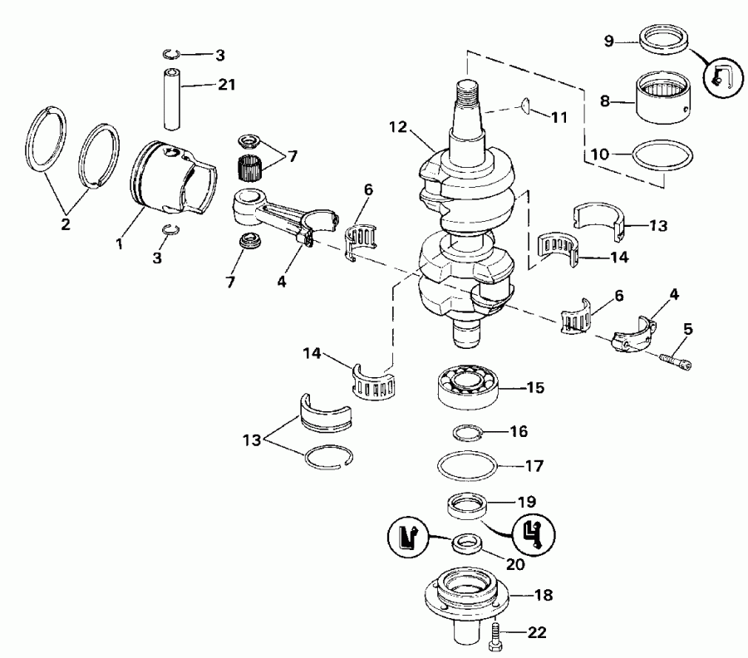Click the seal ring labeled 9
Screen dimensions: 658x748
click(x=663, y=40)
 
